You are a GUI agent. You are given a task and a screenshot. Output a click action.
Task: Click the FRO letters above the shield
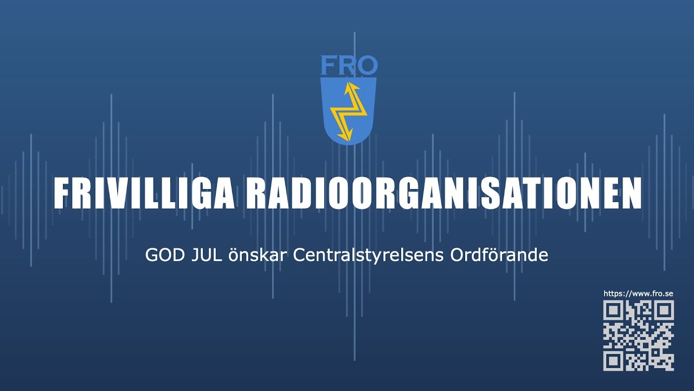tap(349, 65)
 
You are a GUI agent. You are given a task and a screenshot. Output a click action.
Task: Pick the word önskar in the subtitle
tap(257, 255)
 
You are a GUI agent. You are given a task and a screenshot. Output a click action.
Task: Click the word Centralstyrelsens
tap(368, 256)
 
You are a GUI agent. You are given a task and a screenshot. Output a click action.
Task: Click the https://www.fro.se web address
tap(638, 294)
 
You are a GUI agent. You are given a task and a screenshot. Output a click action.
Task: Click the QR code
tap(639, 336)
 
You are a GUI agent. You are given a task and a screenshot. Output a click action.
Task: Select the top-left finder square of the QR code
tap(613, 310)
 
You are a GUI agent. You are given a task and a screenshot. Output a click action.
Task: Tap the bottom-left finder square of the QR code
tap(613, 361)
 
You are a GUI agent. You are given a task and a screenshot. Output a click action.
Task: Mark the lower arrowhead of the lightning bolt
tap(345, 136)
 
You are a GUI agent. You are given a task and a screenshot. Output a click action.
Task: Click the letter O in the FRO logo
tap(367, 65)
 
